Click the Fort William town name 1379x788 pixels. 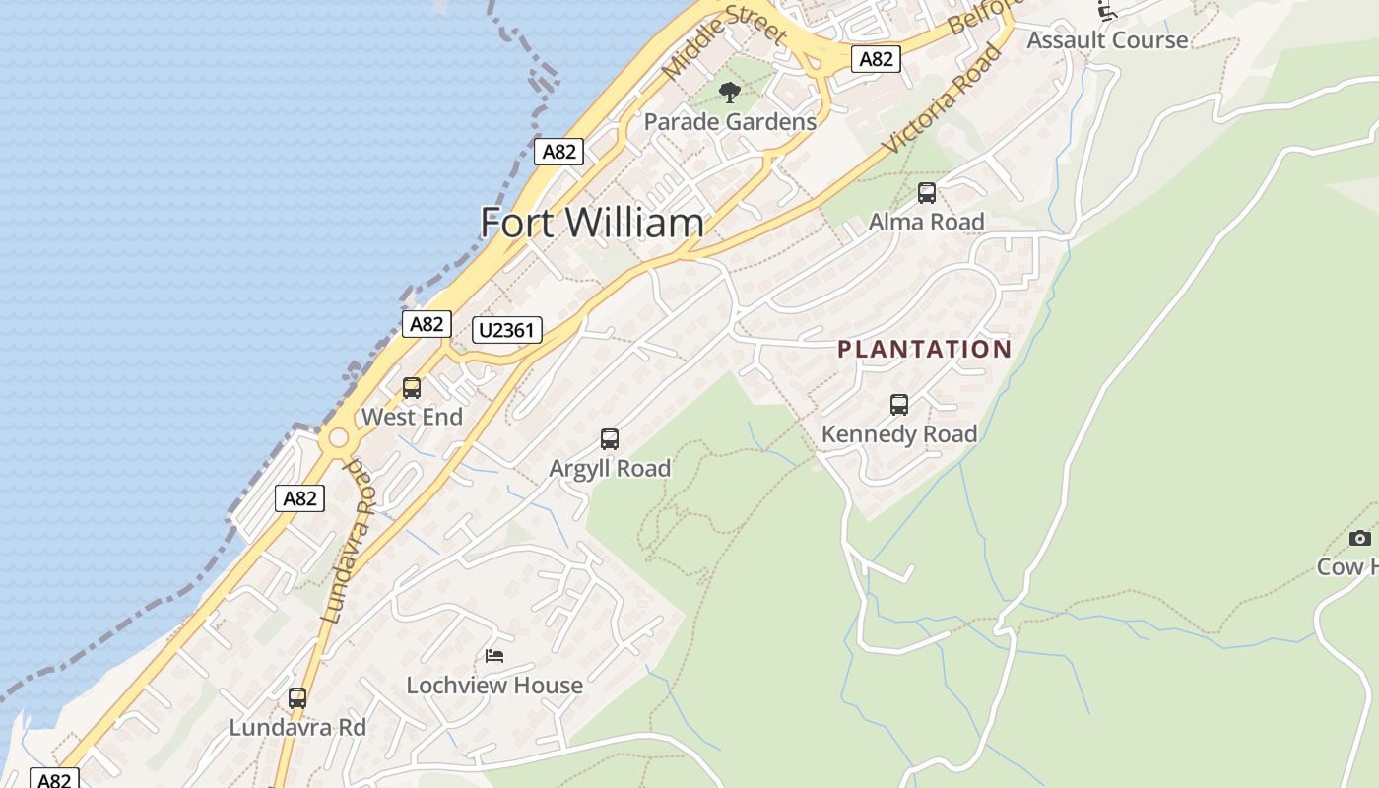[592, 223]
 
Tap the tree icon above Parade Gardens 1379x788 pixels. [730, 93]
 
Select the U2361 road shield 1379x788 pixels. [507, 330]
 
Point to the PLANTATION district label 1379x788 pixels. [924, 349]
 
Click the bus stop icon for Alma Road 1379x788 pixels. [927, 193]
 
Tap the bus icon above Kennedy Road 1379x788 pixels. [899, 405]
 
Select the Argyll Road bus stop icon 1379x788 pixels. [610, 439]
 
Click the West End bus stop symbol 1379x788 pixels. [412, 388]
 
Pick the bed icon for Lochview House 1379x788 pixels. [494, 656]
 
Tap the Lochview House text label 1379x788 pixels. [494, 685]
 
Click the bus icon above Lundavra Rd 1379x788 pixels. [297, 698]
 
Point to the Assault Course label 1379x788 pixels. [1107, 40]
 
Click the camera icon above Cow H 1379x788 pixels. [1360, 538]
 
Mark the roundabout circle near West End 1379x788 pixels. [339, 438]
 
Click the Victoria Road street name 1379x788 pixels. [943, 98]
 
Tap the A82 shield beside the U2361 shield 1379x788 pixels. [427, 324]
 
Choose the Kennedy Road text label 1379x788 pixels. [899, 433]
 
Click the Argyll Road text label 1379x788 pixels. [610, 468]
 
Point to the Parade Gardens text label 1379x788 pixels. [730, 122]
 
